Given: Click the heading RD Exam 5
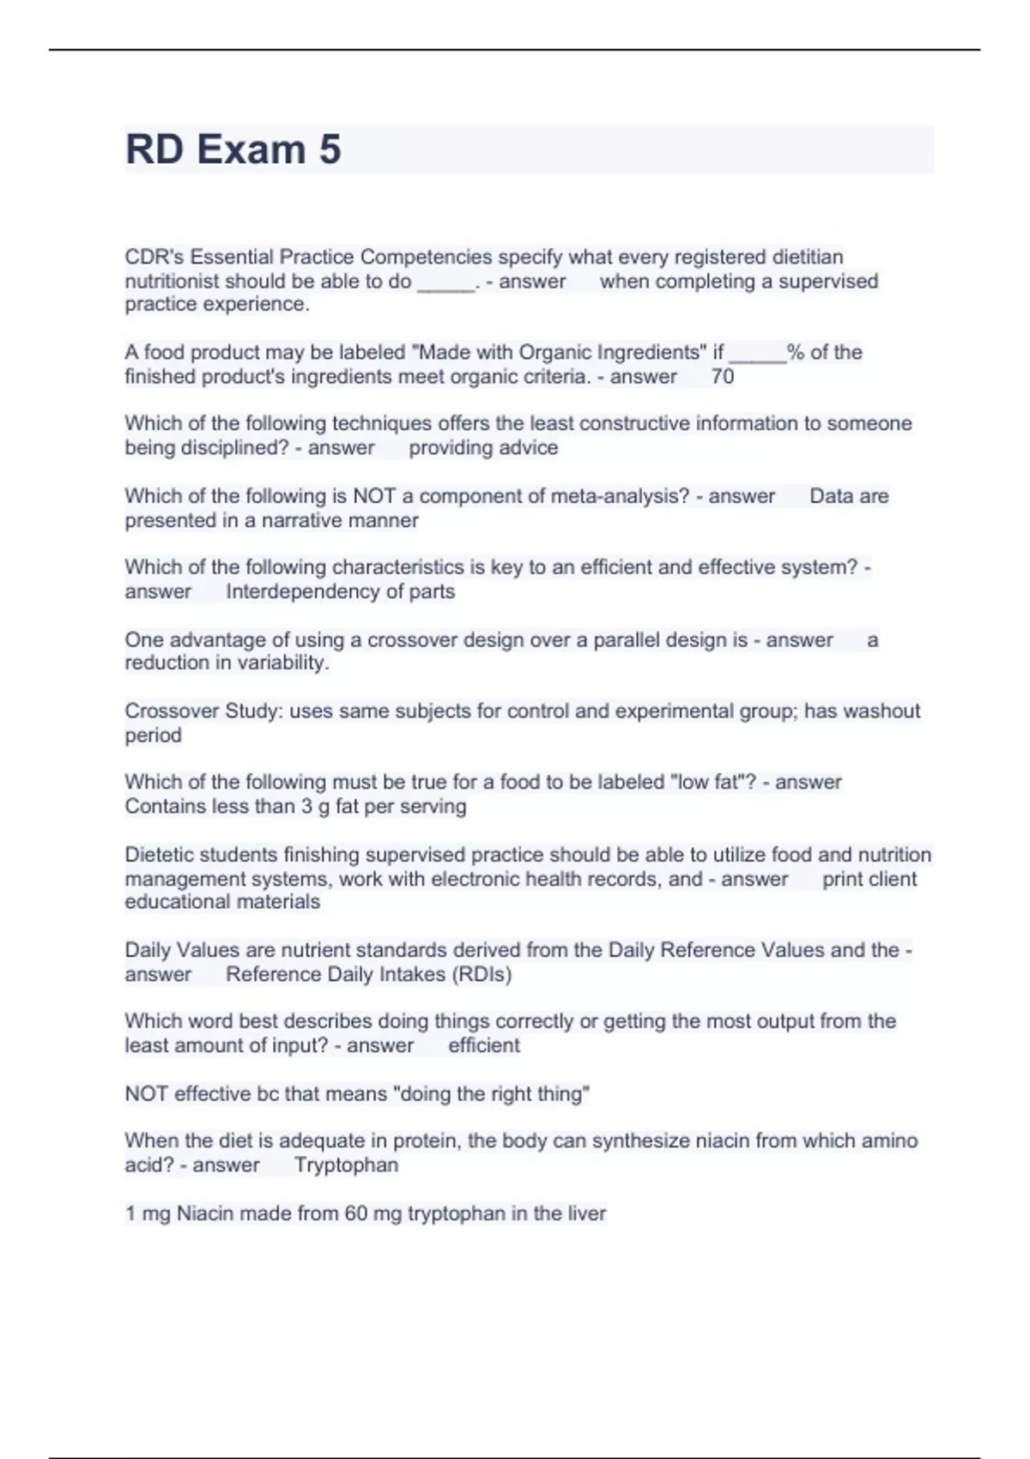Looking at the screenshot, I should point(233,149).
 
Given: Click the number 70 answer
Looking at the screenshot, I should point(723,377).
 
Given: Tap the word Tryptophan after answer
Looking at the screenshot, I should point(346,1165).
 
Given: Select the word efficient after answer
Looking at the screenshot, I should point(483,1045).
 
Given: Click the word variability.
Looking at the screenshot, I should point(278,663).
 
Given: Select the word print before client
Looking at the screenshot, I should point(840,879).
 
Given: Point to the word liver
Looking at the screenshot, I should point(586,1214).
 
